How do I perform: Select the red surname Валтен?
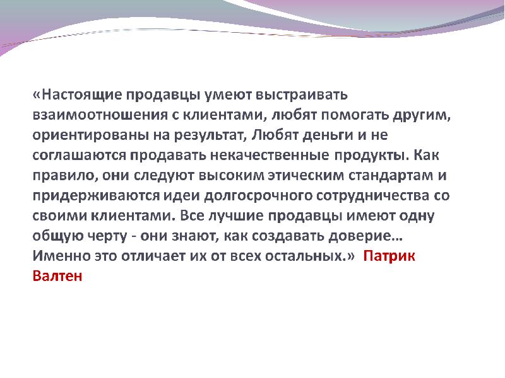(57, 277)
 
